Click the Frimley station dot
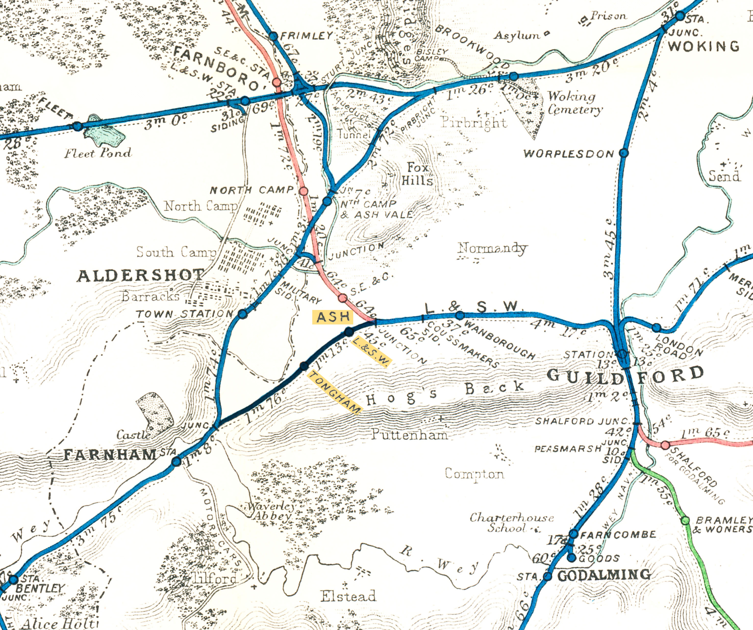pos(274,36)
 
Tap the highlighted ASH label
pos(333,317)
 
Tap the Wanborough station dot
pos(460,316)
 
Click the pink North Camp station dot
pos(304,191)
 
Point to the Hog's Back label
pos(445,392)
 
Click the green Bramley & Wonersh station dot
pos(685,521)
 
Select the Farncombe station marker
pos(574,534)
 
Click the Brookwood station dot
pos(514,76)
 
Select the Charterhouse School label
pos(511,523)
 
